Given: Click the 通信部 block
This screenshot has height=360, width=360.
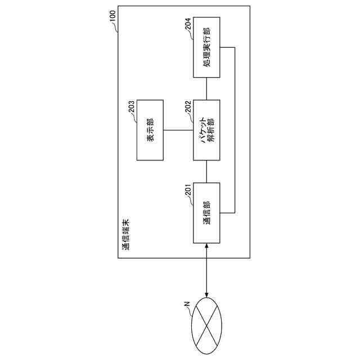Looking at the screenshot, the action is [206, 213].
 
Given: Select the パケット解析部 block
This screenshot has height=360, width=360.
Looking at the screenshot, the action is [206, 130].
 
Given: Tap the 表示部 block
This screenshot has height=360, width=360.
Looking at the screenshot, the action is [150, 130].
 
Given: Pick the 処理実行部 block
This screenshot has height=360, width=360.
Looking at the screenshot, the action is [206, 47].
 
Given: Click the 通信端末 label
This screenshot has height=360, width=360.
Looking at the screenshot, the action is [125, 235].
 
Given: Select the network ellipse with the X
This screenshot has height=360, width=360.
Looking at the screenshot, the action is [206, 327].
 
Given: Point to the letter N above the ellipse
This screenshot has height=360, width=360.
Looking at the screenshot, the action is [187, 305].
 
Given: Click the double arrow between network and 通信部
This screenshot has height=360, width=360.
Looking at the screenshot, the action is [206, 270].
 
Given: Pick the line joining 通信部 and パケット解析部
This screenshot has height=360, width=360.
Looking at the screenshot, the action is [206, 172].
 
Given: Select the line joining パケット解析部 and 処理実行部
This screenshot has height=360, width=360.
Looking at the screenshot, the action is [206, 88].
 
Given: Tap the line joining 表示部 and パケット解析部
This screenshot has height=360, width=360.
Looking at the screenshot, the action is [178, 130].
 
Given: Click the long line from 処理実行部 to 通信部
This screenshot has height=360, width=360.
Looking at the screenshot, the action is [233, 130].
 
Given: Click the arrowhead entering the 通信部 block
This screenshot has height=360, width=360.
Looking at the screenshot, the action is [206, 246].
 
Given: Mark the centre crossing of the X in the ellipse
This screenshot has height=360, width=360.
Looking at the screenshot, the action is [206, 327].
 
